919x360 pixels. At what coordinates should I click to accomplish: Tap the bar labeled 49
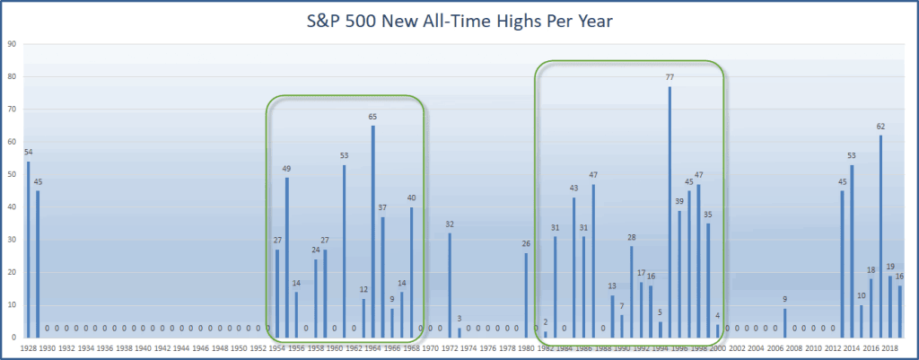[x=287, y=257]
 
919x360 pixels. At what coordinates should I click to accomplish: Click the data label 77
[x=670, y=78]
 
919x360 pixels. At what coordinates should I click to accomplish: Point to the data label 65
[x=373, y=117]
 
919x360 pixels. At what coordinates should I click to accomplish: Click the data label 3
[x=459, y=319]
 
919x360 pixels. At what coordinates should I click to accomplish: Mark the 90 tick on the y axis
[x=12, y=43]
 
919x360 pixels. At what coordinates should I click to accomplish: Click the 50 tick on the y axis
[x=12, y=174]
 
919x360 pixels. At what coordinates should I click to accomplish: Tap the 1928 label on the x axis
[x=28, y=347]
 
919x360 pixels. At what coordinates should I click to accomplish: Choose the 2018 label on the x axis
[x=890, y=347]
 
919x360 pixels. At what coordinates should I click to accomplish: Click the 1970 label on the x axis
[x=430, y=347]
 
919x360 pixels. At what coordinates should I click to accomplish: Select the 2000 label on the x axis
[x=718, y=347]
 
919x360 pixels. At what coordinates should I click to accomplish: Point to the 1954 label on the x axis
[x=277, y=347]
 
